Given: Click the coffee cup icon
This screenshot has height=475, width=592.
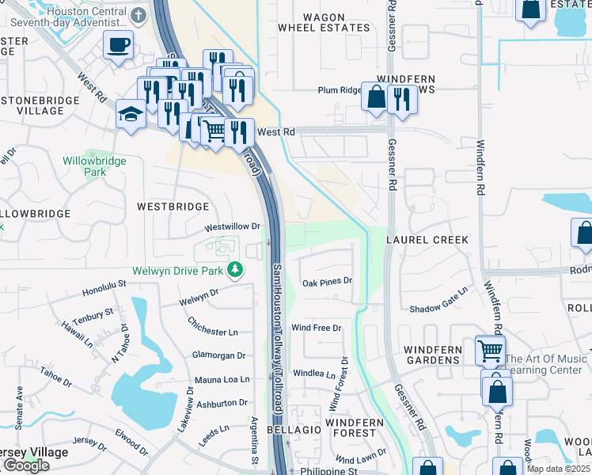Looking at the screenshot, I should [118, 45].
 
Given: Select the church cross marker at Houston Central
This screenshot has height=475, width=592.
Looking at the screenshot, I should [139, 16].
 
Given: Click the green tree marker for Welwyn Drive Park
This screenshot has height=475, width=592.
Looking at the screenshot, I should [234, 271].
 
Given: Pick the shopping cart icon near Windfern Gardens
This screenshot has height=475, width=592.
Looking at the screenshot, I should [490, 349].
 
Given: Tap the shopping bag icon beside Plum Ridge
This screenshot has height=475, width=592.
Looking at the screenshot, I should [376, 97].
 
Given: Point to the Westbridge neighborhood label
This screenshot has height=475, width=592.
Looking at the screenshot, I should [173, 207].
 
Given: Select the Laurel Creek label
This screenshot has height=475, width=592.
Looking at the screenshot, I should [427, 239].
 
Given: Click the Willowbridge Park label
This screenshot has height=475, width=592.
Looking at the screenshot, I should [94, 165].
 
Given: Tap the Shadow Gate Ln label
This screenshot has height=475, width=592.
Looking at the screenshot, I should [438, 309].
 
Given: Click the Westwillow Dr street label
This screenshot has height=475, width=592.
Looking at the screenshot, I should [233, 226].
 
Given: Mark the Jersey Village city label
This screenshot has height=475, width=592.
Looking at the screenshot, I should [33, 452].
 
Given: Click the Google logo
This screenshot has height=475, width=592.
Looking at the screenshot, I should [26, 465].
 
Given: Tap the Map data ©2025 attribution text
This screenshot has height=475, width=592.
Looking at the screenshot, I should [558, 469].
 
